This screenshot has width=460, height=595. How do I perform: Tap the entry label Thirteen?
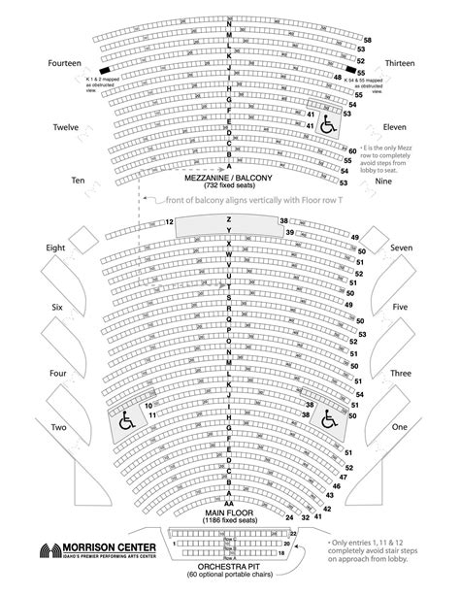401,63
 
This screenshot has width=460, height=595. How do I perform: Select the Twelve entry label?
66,127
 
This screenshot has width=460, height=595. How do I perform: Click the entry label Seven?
402,248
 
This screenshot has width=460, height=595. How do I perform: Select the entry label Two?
58,428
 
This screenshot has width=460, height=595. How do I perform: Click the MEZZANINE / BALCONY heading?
230,181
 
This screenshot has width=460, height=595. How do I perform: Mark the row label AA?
229,505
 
